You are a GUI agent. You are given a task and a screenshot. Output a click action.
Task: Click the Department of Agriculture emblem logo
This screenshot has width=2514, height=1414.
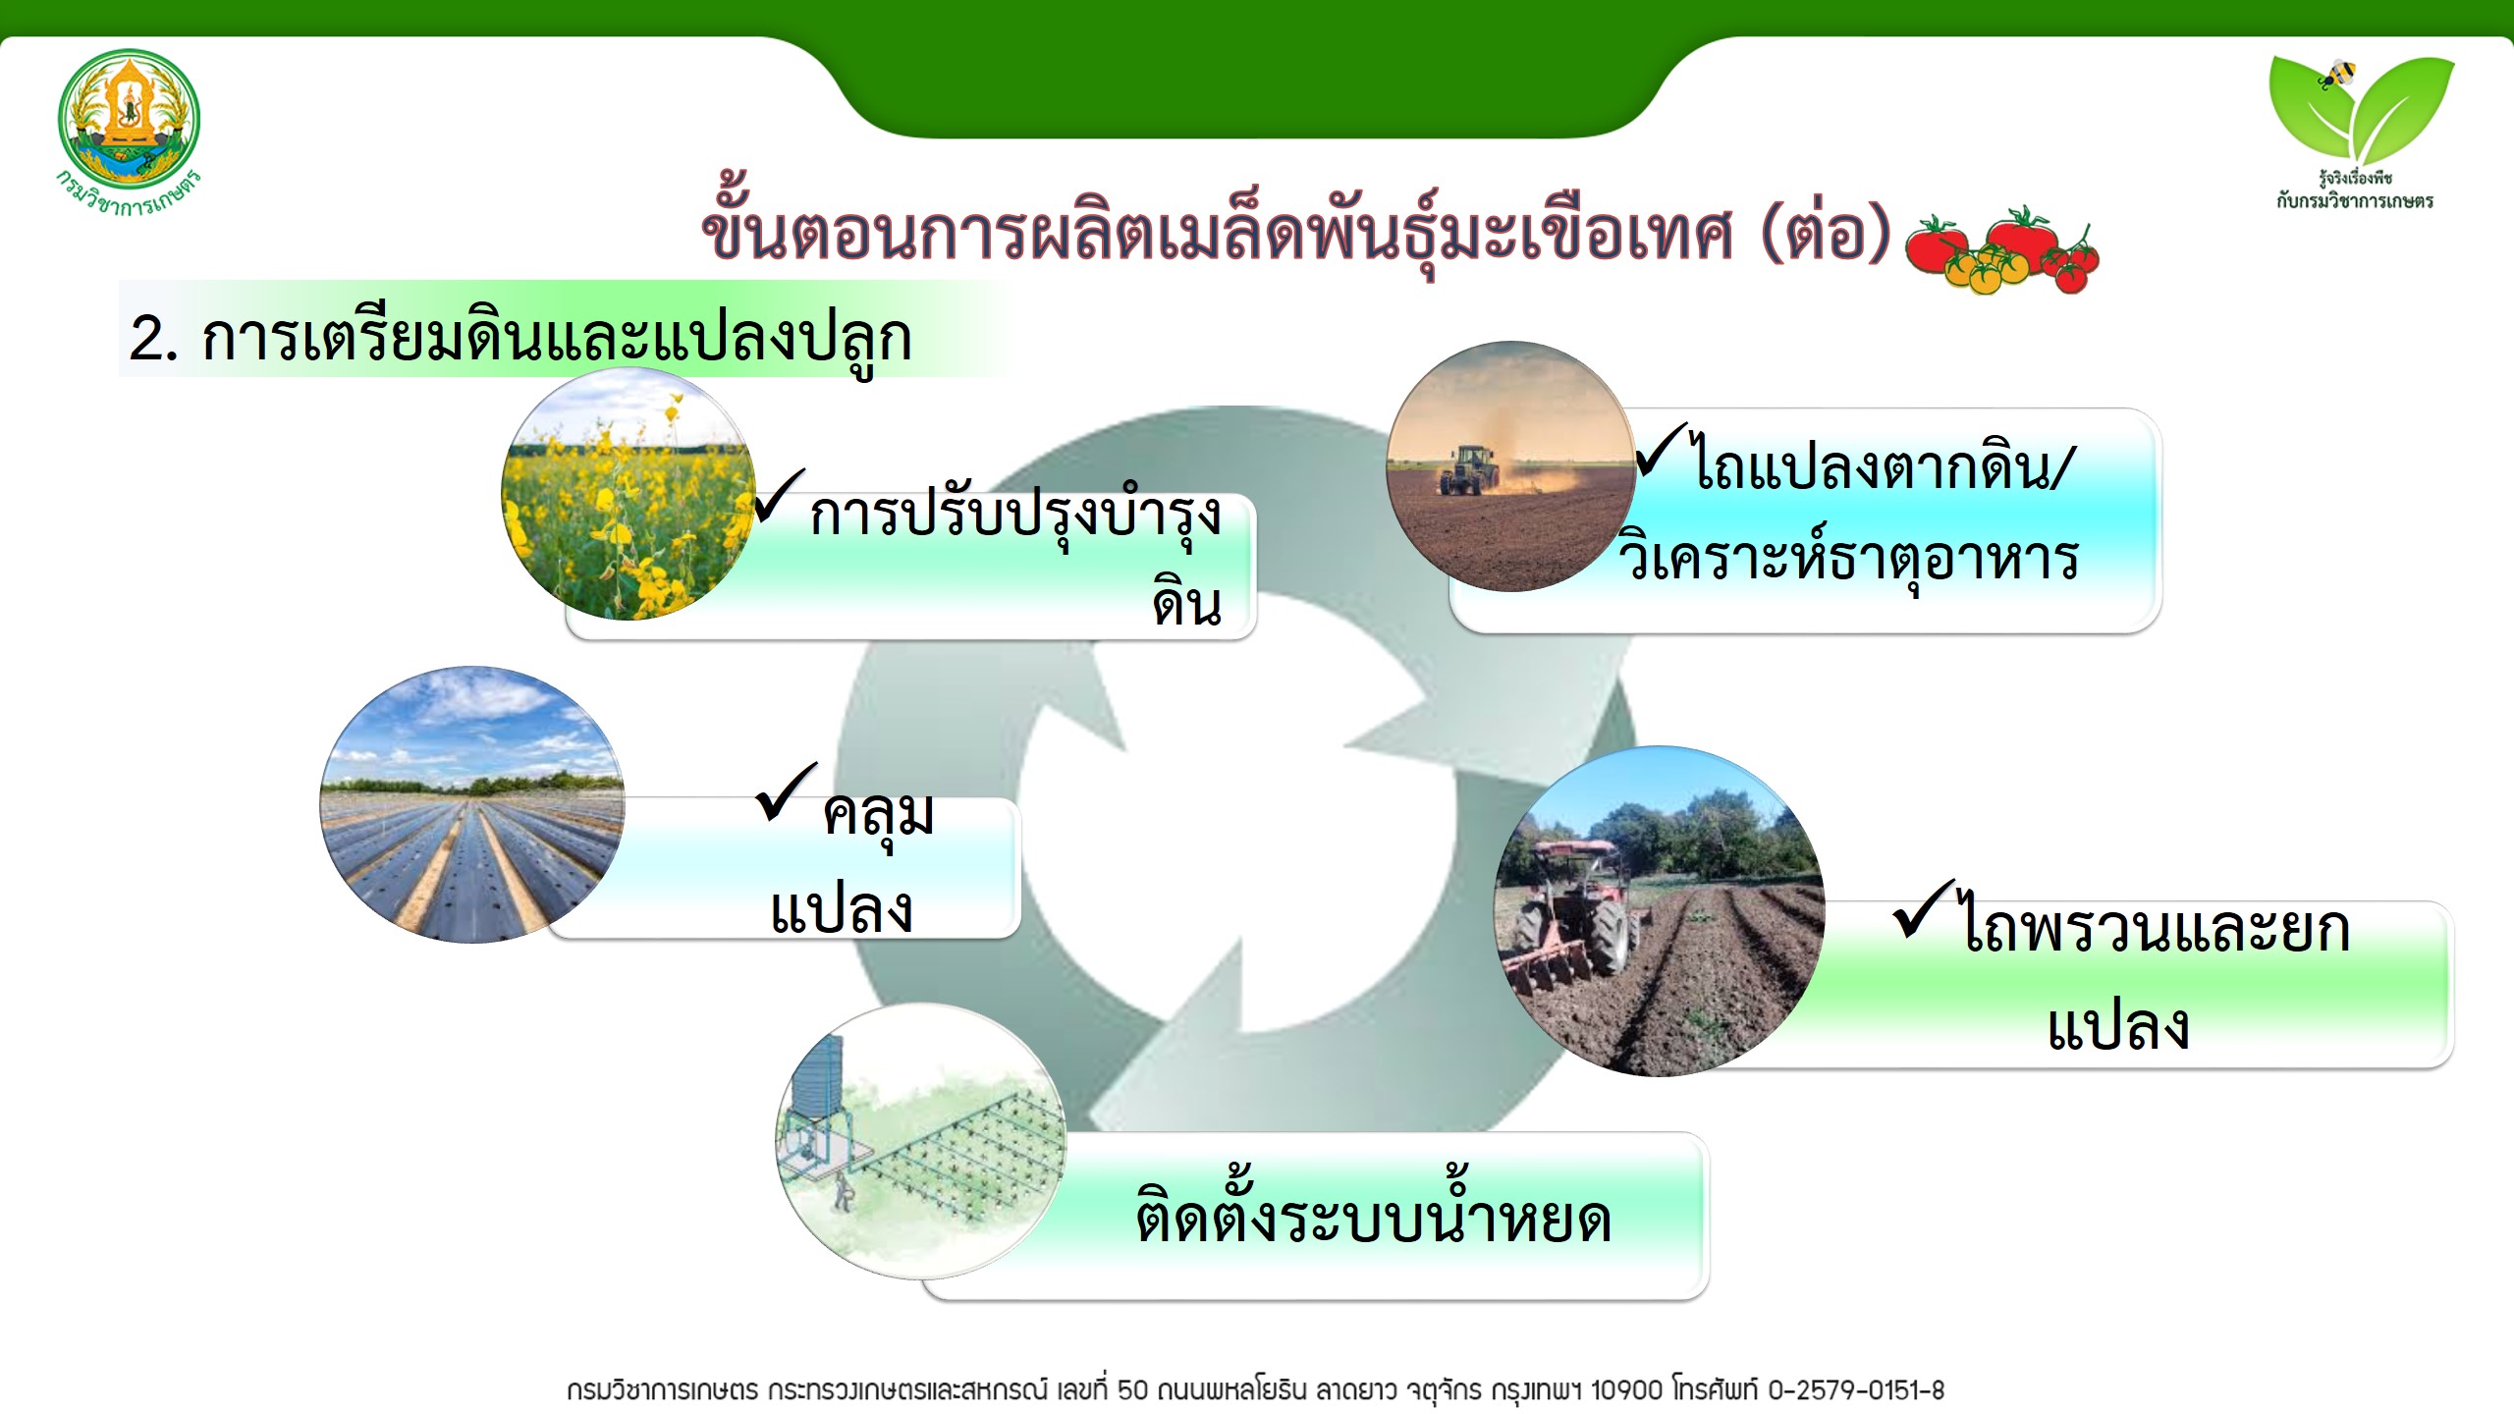129,133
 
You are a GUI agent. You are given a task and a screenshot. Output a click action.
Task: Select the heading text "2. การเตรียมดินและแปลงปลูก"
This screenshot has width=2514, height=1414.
520,337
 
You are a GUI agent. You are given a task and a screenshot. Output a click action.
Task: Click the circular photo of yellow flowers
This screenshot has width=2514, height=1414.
628,494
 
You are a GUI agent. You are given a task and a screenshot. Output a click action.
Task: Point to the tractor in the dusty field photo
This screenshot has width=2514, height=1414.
1468,469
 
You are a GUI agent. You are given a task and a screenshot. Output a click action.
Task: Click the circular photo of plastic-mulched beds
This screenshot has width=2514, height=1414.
472,805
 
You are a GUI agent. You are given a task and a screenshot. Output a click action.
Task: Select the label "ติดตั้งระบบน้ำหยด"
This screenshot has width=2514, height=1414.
1373,1211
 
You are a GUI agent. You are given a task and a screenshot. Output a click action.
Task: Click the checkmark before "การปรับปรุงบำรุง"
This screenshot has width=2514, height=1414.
780,496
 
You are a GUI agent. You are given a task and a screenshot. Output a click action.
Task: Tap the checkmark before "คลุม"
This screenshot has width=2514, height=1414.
787,791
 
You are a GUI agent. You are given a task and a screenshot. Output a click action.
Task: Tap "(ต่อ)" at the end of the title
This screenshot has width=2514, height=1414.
1826,233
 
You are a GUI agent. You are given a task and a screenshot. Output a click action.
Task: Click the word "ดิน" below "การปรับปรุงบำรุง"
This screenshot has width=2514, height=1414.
1187,603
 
